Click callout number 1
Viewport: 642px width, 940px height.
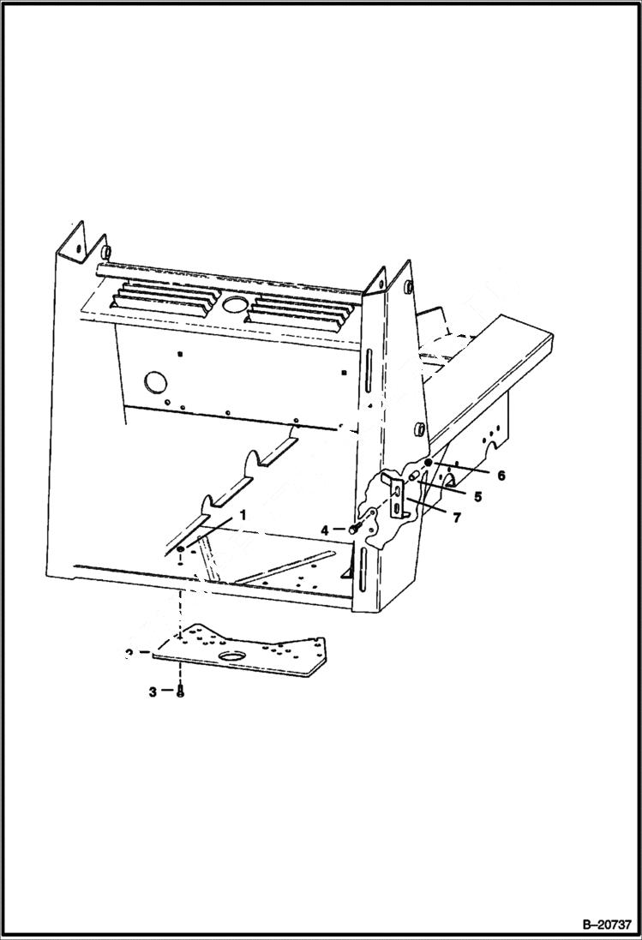click(243, 516)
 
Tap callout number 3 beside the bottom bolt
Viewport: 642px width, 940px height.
click(153, 692)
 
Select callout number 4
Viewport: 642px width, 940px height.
click(325, 530)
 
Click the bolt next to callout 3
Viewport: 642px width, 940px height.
click(180, 692)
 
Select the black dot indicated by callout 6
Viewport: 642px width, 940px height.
click(428, 462)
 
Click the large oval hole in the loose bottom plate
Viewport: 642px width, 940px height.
click(231, 656)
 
